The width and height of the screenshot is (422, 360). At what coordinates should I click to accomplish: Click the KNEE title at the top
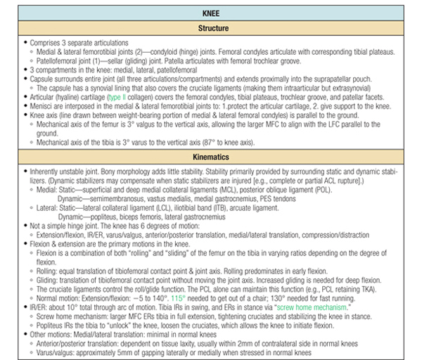[212, 12]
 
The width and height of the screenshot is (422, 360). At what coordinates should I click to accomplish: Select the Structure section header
[212, 28]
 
